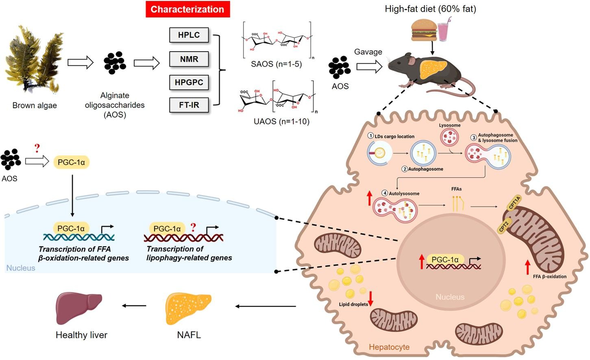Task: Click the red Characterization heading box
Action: click(187, 9)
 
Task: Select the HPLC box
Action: click(189, 35)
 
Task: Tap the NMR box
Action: click(189, 59)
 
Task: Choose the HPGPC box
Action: click(189, 82)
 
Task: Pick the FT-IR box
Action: click(189, 105)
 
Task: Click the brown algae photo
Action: click(34, 59)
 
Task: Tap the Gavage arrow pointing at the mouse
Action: click(369, 66)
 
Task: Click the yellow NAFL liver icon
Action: click(188, 309)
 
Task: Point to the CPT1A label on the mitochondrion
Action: click(514, 202)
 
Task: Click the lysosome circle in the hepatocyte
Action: click(449, 137)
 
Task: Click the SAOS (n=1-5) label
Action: click(276, 64)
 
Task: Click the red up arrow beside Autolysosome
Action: click(369, 199)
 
